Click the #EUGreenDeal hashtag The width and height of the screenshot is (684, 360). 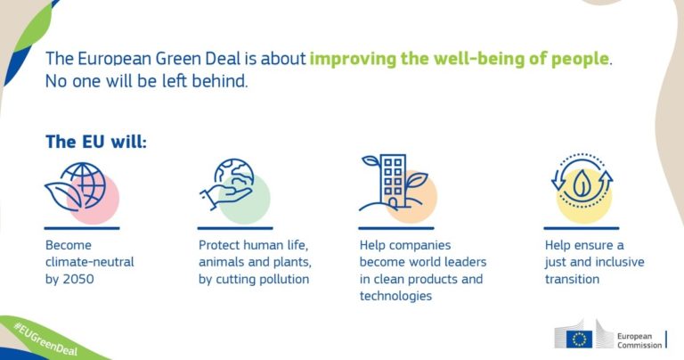click(45, 339)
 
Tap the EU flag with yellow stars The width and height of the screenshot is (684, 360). click(579, 339)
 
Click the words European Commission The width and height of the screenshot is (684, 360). click(639, 340)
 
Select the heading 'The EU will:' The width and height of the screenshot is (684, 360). click(96, 142)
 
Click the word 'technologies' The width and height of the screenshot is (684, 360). click(395, 296)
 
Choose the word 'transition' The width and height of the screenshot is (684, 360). click(572, 279)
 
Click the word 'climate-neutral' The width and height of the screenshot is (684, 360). click(89, 262)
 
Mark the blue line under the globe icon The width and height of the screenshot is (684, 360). click(82, 228)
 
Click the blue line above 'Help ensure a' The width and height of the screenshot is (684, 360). click(581, 228)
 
